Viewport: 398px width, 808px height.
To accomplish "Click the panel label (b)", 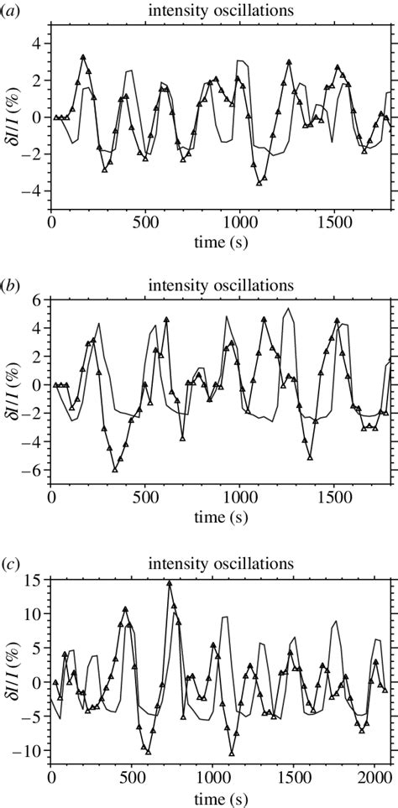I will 11,284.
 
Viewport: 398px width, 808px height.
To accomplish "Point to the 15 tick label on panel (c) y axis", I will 34,578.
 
